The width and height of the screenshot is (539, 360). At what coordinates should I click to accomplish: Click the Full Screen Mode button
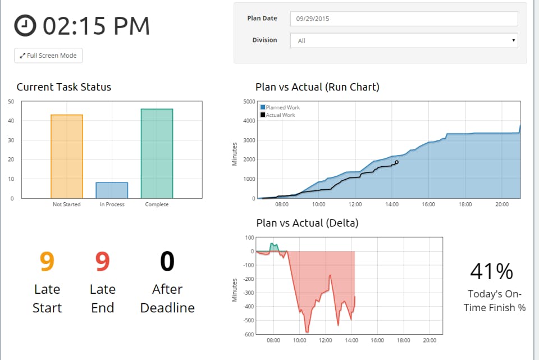[48, 56]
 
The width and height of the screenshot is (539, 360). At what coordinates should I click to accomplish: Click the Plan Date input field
[404, 19]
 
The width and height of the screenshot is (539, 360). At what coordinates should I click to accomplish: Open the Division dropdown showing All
[404, 40]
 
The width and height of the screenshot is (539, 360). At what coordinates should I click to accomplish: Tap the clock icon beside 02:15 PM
[25, 25]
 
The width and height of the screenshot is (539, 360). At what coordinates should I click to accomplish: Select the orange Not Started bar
[67, 156]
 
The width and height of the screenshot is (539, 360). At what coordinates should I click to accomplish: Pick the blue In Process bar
[112, 190]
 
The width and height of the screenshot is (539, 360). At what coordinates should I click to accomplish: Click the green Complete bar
[157, 153]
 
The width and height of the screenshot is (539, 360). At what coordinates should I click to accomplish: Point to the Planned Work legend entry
[280, 107]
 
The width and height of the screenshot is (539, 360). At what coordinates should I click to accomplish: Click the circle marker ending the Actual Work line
[396, 162]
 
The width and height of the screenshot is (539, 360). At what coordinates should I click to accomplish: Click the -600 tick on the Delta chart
[248, 334]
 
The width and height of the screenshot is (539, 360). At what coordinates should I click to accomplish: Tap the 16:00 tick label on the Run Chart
[428, 205]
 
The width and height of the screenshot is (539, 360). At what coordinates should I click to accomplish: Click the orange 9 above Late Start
[47, 261]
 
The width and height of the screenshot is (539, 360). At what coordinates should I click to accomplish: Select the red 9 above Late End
[102, 261]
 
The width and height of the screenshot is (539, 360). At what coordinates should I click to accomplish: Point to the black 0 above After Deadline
[167, 261]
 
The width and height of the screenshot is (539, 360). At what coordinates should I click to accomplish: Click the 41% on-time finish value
[491, 271]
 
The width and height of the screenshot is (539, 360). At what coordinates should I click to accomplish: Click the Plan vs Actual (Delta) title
[307, 223]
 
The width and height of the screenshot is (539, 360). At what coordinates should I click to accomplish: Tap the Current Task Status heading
[64, 87]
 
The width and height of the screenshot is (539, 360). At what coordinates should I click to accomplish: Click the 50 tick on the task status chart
[11, 102]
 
